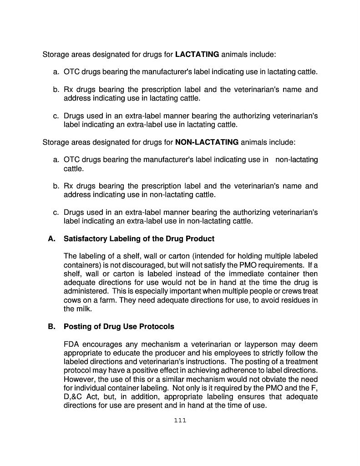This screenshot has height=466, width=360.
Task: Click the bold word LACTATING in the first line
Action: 197,55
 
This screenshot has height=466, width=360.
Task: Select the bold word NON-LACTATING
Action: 207,142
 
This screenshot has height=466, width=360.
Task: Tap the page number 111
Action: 180,420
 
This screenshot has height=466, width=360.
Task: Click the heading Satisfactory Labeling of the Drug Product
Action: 139,239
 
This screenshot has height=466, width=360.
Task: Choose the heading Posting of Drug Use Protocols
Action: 119,327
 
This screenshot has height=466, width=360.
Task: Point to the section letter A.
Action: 51,239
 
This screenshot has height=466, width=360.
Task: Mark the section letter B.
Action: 51,327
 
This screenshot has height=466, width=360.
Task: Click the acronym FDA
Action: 72,344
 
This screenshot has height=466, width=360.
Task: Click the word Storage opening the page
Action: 56,55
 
